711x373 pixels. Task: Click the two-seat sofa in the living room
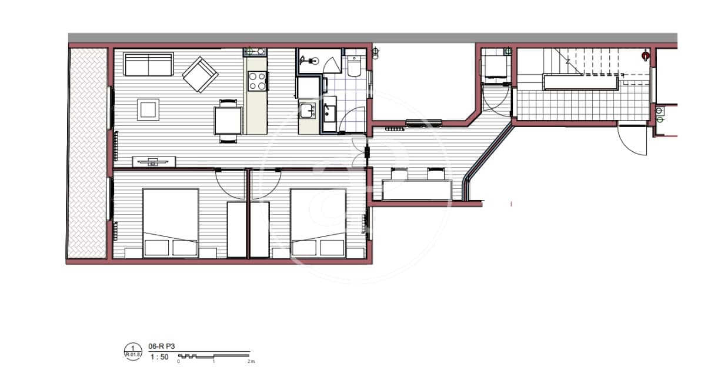[148, 64]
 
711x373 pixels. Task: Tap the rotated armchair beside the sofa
[200, 74]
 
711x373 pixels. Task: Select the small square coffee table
[148, 109]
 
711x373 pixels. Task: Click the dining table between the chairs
[228, 121]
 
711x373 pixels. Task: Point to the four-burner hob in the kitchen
[256, 81]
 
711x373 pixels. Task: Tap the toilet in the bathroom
[355, 68]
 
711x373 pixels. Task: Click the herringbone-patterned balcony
[87, 153]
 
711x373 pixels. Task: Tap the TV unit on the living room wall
[154, 162]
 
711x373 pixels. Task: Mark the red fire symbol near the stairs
[645, 56]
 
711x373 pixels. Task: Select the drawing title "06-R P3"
[160, 348]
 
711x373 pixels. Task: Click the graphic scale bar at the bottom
[215, 356]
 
